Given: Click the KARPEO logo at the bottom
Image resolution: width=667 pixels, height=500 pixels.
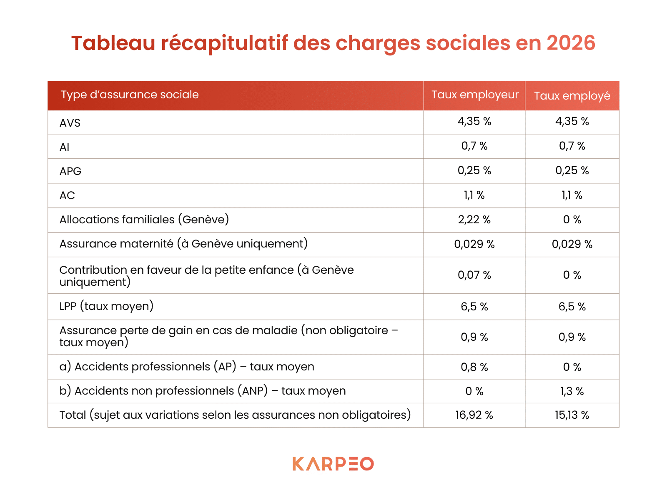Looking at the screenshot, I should point(333,464).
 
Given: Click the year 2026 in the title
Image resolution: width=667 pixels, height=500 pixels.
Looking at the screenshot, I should point(571,43).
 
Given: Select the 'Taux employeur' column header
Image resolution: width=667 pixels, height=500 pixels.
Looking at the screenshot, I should point(474,95).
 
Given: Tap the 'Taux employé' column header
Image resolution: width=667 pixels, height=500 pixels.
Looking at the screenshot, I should point(572,96).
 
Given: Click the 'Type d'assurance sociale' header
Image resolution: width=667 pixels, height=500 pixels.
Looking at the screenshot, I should point(130,95).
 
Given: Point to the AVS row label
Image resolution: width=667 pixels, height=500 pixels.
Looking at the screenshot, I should point(70,123).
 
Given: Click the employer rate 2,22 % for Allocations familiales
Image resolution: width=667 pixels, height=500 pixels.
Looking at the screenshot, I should point(474,220).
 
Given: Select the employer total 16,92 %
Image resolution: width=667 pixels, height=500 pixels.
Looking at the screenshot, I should point(474,415).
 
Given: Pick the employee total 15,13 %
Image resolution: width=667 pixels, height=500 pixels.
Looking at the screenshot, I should point(572,415).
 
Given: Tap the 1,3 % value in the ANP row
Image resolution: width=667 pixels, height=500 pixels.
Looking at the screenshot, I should point(572,391).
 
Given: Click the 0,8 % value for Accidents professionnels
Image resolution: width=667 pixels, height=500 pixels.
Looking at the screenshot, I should point(474,367).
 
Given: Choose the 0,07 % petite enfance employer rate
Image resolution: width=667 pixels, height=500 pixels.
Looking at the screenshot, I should point(474,275).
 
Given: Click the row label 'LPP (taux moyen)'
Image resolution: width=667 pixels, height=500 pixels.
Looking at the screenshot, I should point(106,306).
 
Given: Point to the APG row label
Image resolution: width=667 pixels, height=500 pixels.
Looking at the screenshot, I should point(70,171).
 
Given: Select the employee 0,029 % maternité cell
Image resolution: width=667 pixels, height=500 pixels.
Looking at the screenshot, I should point(572,244).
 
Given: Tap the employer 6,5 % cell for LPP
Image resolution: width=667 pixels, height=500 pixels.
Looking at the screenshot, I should point(474,307).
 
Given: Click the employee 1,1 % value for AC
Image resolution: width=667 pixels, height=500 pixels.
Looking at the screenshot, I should point(572,195).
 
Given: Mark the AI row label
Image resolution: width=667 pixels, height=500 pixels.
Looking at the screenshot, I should point(64,147).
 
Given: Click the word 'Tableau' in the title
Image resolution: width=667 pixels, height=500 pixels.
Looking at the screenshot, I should point(113,43).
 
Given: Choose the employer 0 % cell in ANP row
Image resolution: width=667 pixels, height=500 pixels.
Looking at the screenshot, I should point(474,391).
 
